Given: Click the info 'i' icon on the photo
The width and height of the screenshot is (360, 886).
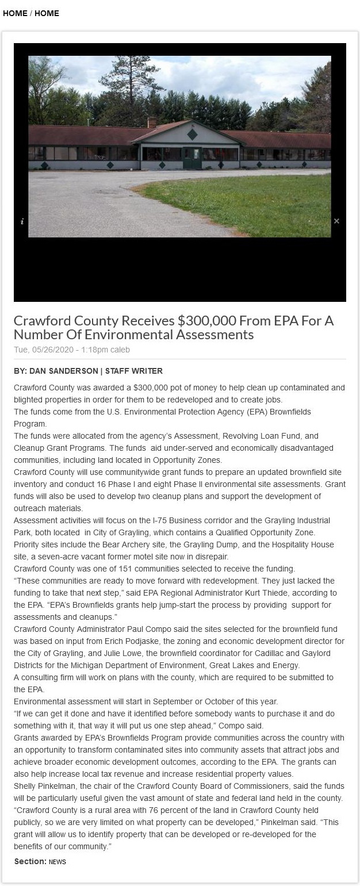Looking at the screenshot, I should click(x=22, y=221).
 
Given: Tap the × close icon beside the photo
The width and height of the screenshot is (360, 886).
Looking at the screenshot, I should click(x=336, y=221).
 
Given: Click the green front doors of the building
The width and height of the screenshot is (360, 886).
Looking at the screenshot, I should click(x=192, y=158).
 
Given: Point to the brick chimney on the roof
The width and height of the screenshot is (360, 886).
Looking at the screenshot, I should click(x=152, y=122).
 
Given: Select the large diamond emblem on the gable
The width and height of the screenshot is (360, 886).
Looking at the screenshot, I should click(x=193, y=135).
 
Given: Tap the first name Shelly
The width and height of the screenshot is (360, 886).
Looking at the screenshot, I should click(x=25, y=786).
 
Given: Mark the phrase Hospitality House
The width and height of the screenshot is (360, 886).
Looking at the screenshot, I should click(x=301, y=544).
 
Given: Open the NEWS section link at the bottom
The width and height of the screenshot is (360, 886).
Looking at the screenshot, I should click(x=58, y=862).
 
